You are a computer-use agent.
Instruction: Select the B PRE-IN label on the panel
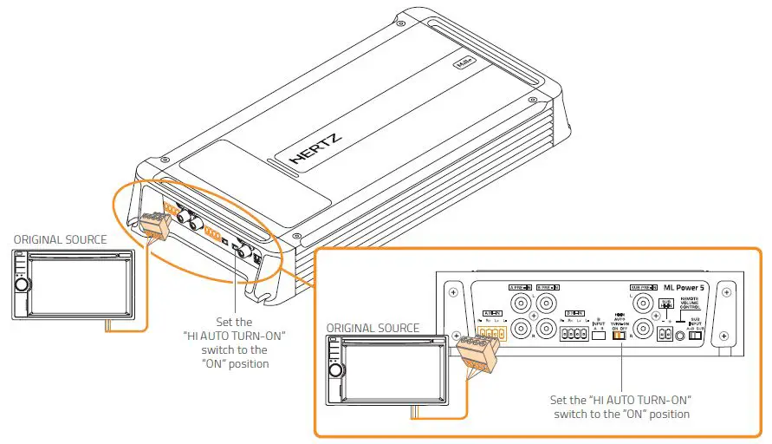pyautogui.click(x=548, y=287)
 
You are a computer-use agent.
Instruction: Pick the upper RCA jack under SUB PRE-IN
pyautogui.click(x=642, y=303)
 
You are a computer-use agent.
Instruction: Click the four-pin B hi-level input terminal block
pyautogui.click(x=574, y=334)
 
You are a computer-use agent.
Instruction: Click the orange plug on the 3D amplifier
pyautogui.click(x=155, y=225)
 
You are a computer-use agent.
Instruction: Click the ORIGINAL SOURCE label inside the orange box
pyautogui.click(x=373, y=328)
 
